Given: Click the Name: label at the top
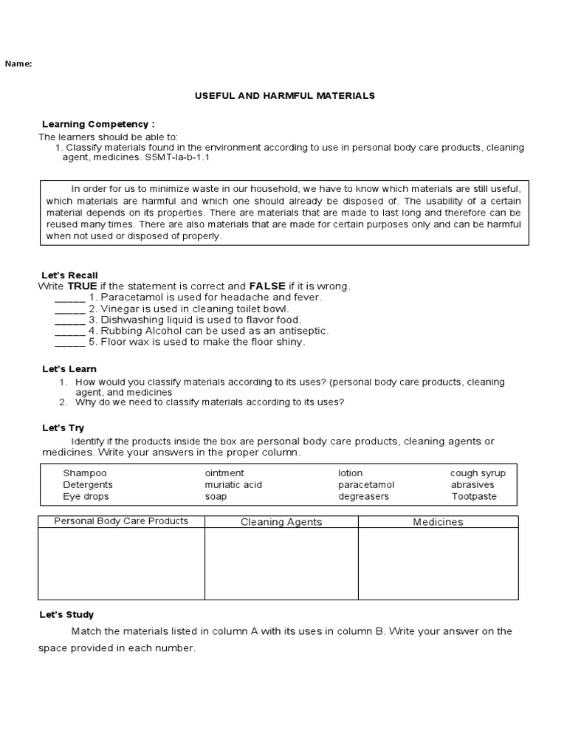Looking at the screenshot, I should (x=18, y=63).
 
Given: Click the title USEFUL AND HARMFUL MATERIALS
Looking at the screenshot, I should (x=284, y=96).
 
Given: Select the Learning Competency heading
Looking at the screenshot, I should (x=98, y=124).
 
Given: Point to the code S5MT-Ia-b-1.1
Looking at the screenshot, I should (x=177, y=157).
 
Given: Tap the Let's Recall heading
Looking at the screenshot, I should (x=69, y=275).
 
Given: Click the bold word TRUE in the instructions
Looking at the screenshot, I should (x=82, y=286).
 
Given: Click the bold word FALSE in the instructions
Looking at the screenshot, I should (x=267, y=286).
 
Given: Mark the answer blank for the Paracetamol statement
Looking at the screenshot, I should (x=70, y=298).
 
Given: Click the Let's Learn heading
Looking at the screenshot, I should (x=69, y=369).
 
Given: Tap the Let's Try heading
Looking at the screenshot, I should (x=63, y=428).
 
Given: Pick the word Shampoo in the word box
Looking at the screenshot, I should (x=85, y=473).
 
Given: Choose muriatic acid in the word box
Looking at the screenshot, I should (x=233, y=485).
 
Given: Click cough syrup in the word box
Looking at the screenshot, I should (x=478, y=473).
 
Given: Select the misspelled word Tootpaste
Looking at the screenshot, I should (x=474, y=497).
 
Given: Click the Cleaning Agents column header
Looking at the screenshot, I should (x=281, y=522).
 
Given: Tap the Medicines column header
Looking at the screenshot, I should (x=438, y=522).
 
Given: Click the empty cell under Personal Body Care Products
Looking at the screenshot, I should (x=121, y=564).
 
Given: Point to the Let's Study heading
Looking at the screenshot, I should (x=66, y=615).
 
